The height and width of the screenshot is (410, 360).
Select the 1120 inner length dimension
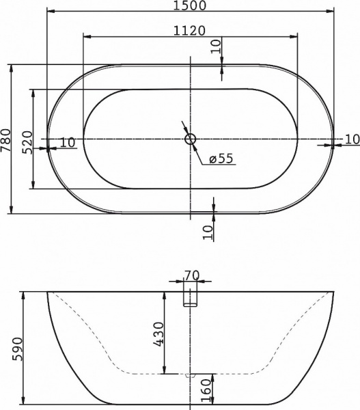[191, 29]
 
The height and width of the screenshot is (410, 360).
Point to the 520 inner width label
[27, 142]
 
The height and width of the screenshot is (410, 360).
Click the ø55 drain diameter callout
[220, 159]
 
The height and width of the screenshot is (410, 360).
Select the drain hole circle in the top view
[191, 139]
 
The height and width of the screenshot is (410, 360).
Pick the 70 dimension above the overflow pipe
[191, 275]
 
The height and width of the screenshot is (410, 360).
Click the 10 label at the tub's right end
[351, 139]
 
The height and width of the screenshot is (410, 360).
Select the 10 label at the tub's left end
[67, 142]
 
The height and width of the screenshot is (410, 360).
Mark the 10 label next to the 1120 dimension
[216, 46]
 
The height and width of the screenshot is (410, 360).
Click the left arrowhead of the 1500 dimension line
[50, 12]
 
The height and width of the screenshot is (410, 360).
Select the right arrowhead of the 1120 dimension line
[296, 36]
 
